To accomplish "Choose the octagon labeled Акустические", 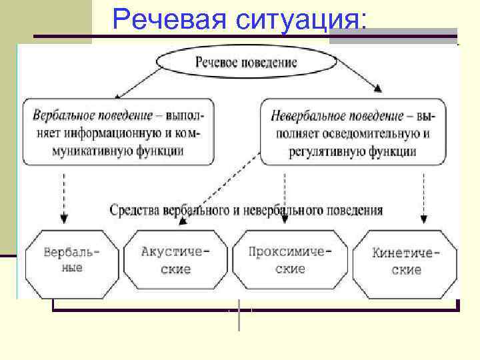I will [175, 261].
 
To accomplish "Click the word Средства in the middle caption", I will [133, 211].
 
